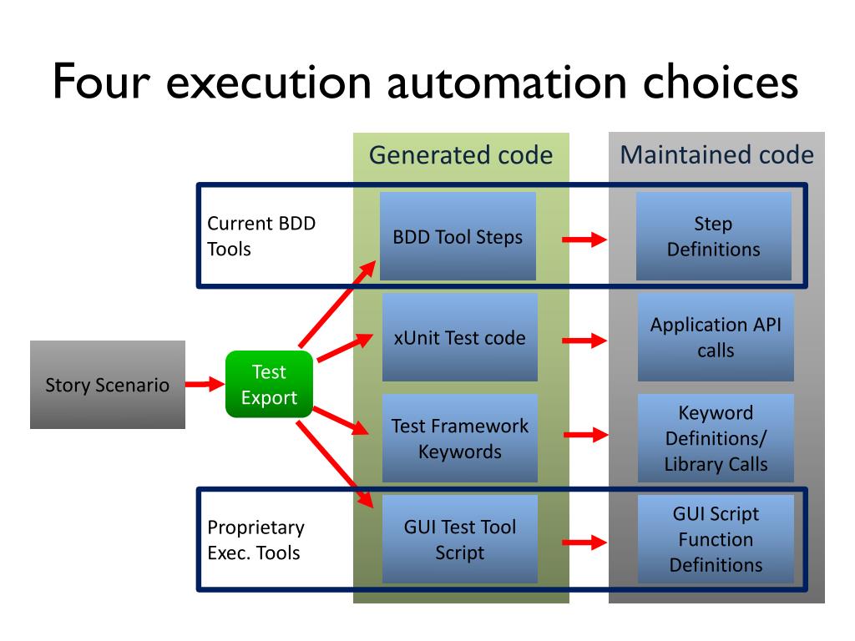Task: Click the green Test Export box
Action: tap(270, 384)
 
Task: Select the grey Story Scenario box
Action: tap(108, 385)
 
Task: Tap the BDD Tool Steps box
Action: tap(458, 236)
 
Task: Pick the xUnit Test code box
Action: tap(460, 337)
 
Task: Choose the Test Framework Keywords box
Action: tap(460, 438)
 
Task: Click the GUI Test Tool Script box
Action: tap(460, 539)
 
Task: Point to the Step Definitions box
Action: tap(714, 236)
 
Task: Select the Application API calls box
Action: tap(716, 337)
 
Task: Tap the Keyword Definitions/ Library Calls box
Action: tap(716, 438)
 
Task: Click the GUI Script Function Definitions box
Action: tap(716, 539)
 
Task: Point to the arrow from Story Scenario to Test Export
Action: tap(205, 384)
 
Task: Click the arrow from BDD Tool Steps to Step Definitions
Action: tap(584, 240)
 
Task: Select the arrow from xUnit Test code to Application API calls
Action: tap(584, 341)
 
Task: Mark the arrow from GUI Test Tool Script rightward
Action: tap(584, 543)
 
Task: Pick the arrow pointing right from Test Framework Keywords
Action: tap(586, 434)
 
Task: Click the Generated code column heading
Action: tap(461, 154)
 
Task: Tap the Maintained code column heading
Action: tap(717, 154)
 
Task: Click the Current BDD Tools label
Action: tap(261, 236)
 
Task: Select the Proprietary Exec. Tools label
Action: tap(255, 540)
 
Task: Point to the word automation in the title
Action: tap(507, 83)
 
